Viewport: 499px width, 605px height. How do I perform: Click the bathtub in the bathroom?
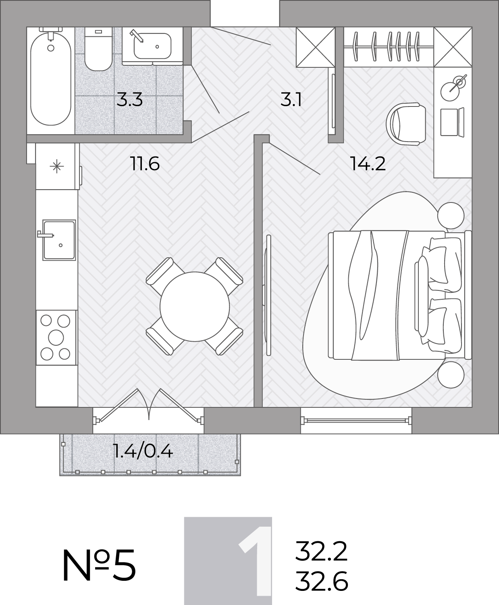tap(51, 79)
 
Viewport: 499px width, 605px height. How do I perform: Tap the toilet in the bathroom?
tap(98, 49)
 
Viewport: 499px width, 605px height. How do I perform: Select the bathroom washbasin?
tap(152, 46)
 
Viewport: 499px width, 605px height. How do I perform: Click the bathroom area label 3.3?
tap(129, 100)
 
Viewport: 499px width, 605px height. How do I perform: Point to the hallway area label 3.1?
tap(291, 100)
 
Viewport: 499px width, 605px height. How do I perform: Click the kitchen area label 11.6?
tap(145, 164)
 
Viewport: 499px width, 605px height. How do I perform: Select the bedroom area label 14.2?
tap(368, 164)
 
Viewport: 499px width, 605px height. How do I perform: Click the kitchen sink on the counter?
tap(59, 240)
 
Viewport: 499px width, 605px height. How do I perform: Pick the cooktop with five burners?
tap(56, 338)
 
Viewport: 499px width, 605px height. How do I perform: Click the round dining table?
tap(195, 306)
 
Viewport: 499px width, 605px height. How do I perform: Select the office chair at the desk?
tap(406, 124)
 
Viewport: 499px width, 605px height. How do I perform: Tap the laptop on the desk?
tap(452, 122)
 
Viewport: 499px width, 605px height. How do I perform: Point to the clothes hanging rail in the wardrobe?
tap(389, 46)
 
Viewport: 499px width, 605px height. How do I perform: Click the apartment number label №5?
tap(99, 565)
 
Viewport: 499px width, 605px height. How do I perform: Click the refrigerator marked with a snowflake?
tap(57, 167)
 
